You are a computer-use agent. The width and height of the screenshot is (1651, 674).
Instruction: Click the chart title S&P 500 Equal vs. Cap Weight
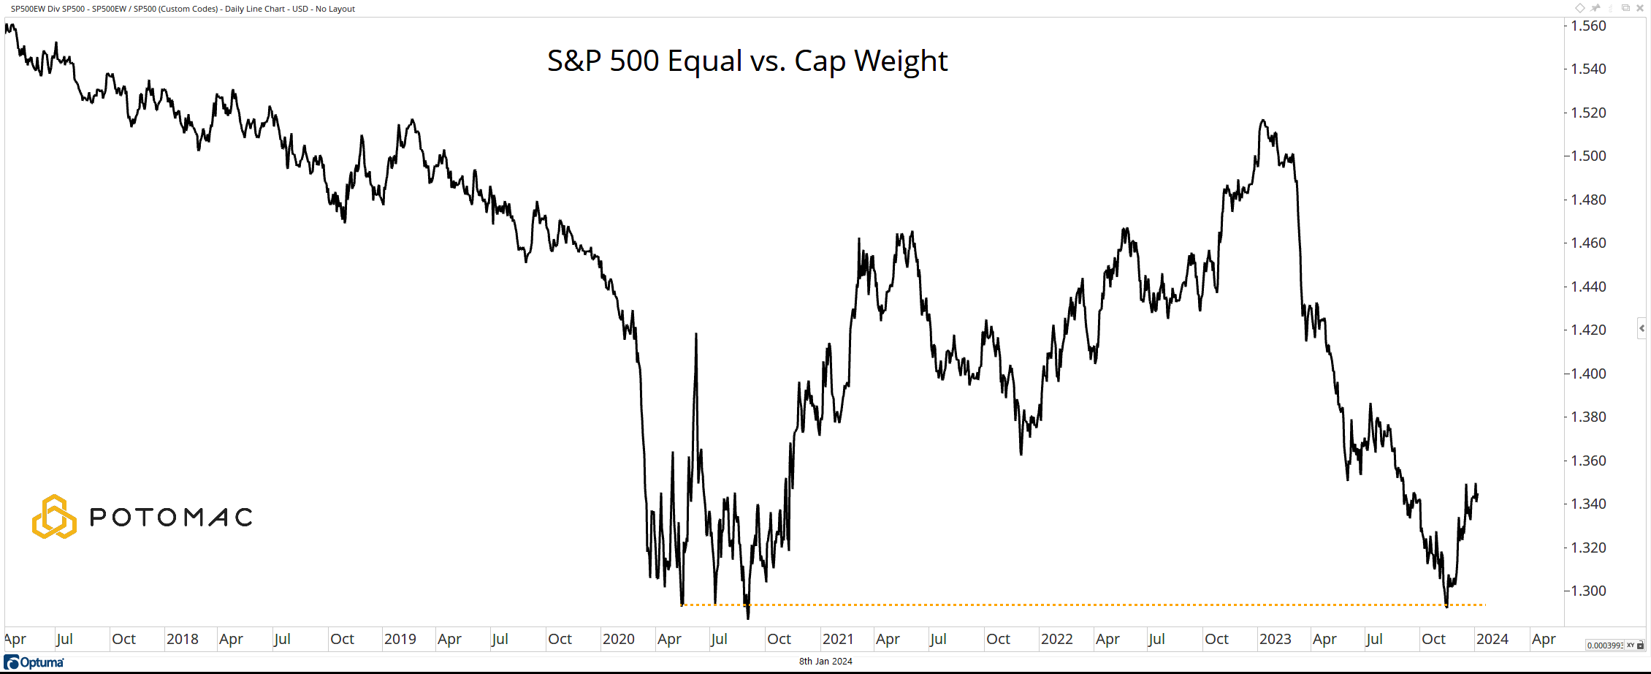pyautogui.click(x=747, y=61)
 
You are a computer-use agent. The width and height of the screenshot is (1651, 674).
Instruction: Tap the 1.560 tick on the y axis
pyautogui.click(x=1588, y=26)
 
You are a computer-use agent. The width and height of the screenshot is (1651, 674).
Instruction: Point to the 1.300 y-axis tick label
pyautogui.click(x=1588, y=591)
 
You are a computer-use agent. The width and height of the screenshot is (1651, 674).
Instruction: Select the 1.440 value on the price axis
pyautogui.click(x=1588, y=287)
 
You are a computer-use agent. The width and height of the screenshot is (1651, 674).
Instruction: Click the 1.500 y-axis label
pyautogui.click(x=1588, y=156)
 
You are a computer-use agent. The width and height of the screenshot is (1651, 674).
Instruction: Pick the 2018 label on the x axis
pyautogui.click(x=182, y=639)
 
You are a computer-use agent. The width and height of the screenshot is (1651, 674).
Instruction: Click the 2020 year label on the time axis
pyautogui.click(x=618, y=639)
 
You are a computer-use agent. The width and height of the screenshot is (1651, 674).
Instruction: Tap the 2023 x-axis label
pyautogui.click(x=1275, y=639)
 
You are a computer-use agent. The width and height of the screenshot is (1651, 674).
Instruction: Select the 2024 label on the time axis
pyautogui.click(x=1492, y=639)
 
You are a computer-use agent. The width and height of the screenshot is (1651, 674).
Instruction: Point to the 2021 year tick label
pyautogui.click(x=837, y=639)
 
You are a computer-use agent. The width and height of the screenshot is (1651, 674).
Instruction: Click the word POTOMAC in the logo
pyautogui.click(x=171, y=518)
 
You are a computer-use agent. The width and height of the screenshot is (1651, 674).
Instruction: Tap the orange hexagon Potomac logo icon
pyautogui.click(x=54, y=517)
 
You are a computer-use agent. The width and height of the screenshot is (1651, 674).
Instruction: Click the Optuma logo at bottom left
pyautogui.click(x=34, y=662)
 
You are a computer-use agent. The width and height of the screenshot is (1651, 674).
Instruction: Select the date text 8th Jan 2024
pyautogui.click(x=825, y=662)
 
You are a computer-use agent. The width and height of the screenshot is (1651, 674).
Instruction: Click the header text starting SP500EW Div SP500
pyautogui.click(x=183, y=9)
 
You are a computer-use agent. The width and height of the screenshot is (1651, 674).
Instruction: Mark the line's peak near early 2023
pyautogui.click(x=1262, y=121)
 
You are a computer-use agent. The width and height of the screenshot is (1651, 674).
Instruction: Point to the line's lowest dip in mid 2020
pyautogui.click(x=747, y=618)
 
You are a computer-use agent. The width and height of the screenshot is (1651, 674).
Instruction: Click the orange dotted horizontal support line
pyautogui.click(x=1096, y=605)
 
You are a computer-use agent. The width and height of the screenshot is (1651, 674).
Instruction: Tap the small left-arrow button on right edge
pyautogui.click(x=1642, y=329)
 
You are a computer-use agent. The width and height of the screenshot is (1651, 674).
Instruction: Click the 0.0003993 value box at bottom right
pyautogui.click(x=1604, y=645)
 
